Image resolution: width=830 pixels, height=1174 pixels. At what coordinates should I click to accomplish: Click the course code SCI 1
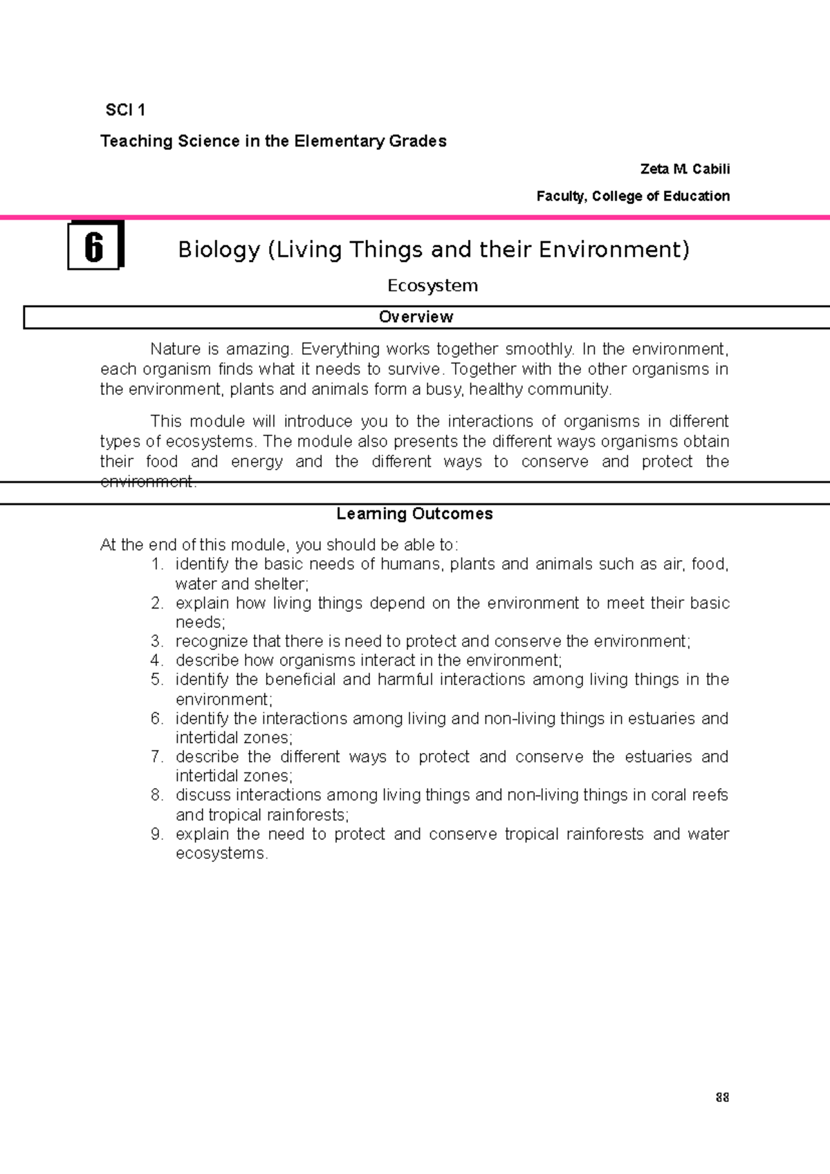[125, 110]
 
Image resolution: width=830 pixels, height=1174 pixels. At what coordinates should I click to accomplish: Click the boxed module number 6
[94, 247]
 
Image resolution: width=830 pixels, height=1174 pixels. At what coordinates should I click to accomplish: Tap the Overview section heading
[416, 317]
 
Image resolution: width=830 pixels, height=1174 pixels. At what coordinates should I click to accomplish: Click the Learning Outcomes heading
[414, 514]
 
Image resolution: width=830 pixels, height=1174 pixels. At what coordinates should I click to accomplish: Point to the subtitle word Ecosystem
[432, 286]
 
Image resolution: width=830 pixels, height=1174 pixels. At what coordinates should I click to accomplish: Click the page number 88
[722, 1098]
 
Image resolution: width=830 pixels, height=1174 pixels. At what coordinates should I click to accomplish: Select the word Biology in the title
[219, 249]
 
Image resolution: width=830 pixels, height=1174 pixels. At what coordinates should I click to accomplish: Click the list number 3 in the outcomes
[157, 641]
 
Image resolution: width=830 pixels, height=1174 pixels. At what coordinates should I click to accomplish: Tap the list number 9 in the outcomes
[157, 834]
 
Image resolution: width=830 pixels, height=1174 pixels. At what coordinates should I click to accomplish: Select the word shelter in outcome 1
[282, 584]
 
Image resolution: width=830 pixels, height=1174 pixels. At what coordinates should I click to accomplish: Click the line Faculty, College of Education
[633, 196]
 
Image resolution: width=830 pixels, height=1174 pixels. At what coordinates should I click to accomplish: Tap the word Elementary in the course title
[339, 141]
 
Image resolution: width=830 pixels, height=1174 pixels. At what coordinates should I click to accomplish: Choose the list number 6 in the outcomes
[157, 718]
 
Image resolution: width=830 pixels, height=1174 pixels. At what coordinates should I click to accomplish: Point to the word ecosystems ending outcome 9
[221, 853]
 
